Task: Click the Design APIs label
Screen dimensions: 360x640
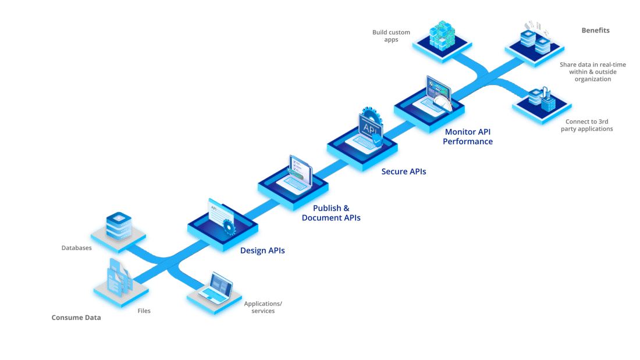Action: point(262,251)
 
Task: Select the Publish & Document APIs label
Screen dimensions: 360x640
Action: point(331,213)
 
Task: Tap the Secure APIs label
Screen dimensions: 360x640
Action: point(404,172)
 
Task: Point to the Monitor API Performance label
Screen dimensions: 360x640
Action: point(468,137)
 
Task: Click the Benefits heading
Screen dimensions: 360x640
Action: point(595,30)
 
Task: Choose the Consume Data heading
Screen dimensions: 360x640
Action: point(76,318)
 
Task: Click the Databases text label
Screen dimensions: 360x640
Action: point(77,248)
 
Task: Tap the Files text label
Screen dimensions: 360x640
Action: point(144,311)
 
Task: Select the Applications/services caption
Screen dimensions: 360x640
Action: point(263,307)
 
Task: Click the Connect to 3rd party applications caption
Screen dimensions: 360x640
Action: point(586,125)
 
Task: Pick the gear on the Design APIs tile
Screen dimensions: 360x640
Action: point(228,226)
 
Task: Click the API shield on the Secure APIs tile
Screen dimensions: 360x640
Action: point(371,129)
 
